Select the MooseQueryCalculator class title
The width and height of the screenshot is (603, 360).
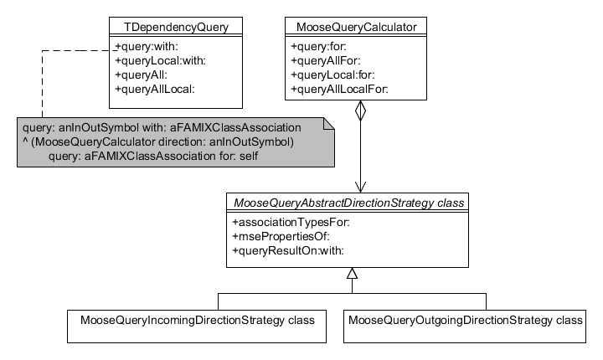(x=357, y=26)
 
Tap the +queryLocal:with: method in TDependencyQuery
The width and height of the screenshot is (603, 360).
(x=159, y=60)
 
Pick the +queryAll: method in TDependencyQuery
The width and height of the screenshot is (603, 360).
(x=142, y=75)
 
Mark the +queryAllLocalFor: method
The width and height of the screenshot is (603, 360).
(x=339, y=89)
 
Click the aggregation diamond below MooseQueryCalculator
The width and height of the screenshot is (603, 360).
(x=360, y=113)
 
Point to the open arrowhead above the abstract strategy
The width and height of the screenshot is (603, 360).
(x=360, y=186)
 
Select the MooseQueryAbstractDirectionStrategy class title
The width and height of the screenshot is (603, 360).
(x=351, y=203)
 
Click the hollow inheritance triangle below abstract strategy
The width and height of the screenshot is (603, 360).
(x=352, y=274)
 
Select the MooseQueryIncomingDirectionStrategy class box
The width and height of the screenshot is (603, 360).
(x=197, y=320)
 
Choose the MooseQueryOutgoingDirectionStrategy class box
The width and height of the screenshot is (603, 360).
(x=465, y=320)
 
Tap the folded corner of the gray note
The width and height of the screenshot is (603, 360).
(x=328, y=124)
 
